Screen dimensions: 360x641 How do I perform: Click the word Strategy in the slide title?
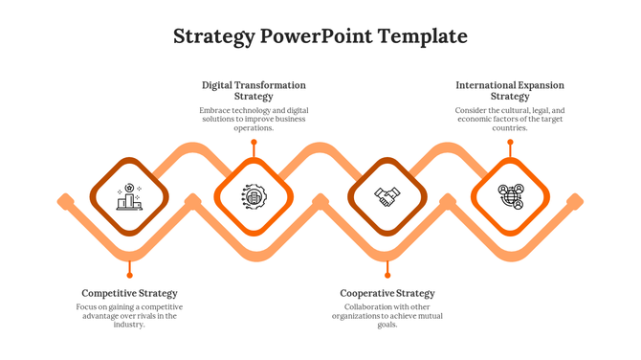pos(214,37)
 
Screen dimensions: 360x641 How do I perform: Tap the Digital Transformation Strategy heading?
pos(254,91)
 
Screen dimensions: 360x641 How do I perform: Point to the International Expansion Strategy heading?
pos(510,91)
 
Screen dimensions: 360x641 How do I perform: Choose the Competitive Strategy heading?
pos(129,293)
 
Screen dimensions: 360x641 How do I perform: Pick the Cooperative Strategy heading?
pos(387,293)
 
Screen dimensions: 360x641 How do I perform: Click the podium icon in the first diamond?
pos(129,197)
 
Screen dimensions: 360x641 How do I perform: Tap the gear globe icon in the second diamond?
pos(254,197)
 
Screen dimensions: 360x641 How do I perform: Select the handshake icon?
pos(387,197)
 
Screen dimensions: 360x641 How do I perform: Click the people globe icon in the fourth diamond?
pos(511,197)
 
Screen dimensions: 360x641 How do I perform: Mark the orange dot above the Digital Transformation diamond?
pos(254,143)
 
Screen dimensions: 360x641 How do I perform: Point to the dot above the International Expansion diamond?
pos(510,143)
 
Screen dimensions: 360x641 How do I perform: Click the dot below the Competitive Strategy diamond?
pos(129,261)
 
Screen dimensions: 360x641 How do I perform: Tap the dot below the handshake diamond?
pos(387,261)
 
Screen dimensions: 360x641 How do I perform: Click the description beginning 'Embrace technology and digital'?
pos(254,119)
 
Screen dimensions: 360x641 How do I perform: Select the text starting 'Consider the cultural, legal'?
pos(510,119)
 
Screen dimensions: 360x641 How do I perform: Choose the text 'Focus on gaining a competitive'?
pos(129,315)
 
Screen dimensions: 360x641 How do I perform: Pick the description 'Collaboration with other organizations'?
pos(387,315)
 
